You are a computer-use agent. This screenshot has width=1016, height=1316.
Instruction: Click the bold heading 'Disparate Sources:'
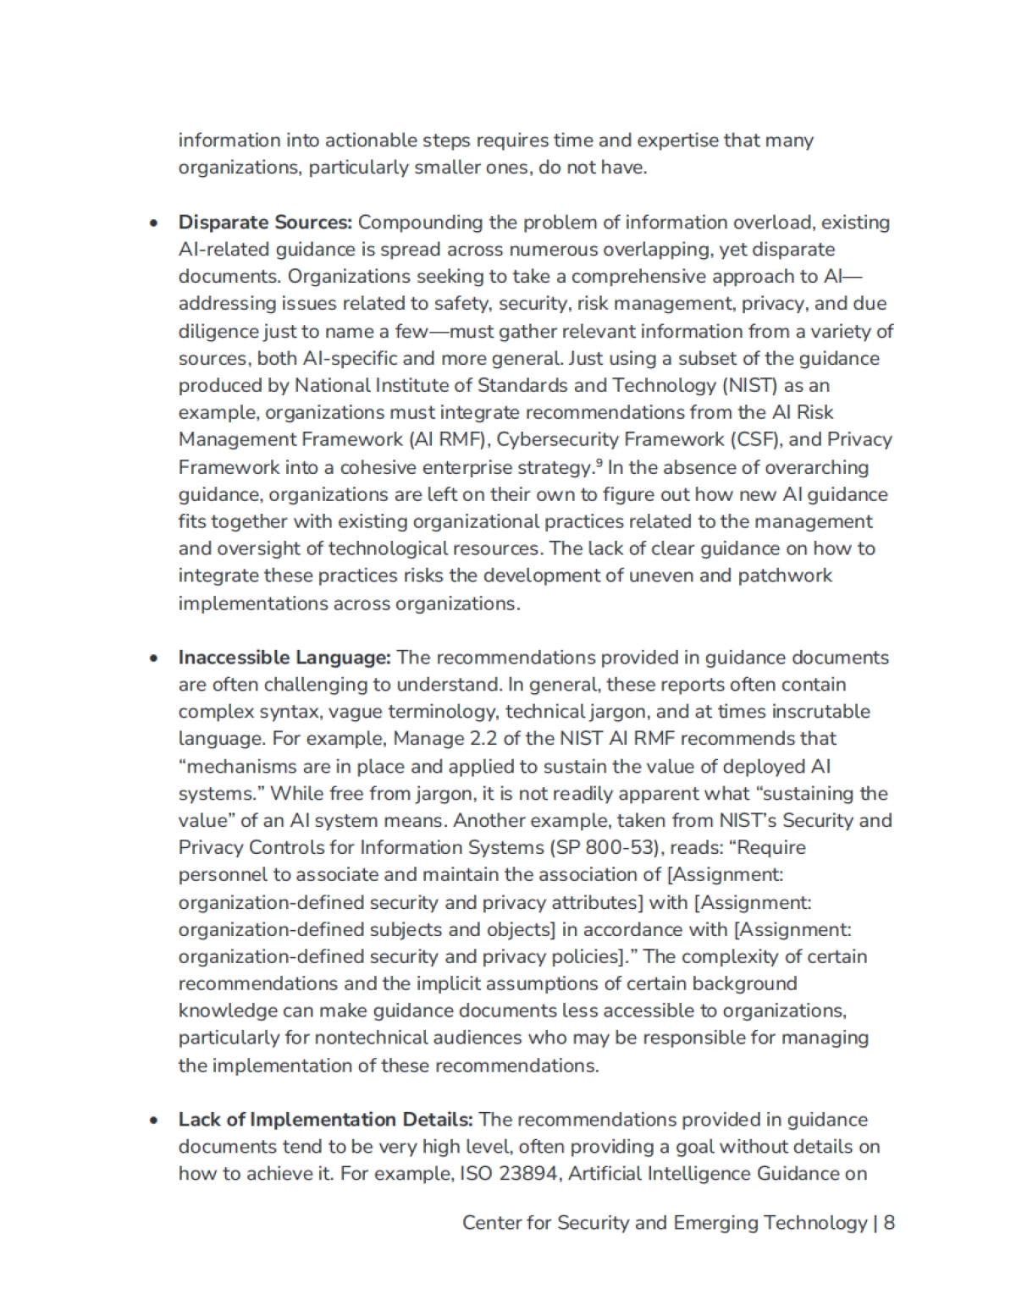click(x=264, y=223)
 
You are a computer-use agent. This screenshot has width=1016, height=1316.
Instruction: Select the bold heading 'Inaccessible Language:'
click(x=284, y=658)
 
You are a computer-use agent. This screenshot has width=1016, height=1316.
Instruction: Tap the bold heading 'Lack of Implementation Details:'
click(x=325, y=1120)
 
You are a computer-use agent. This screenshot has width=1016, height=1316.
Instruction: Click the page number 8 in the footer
click(x=889, y=1223)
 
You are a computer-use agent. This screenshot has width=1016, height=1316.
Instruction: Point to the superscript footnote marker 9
click(x=599, y=462)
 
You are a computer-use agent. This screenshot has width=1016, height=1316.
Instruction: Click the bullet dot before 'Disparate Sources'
click(x=153, y=224)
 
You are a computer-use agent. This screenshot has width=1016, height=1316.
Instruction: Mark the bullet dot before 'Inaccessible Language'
click(x=153, y=659)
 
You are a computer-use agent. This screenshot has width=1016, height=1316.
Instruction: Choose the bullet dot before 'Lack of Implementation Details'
click(x=153, y=1121)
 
